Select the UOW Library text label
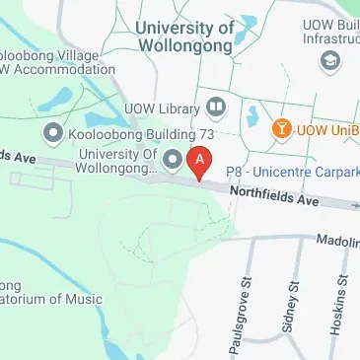(x=164, y=108)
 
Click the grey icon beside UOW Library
(x=214, y=108)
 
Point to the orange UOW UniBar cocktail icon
(x=283, y=129)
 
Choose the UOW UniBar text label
(x=327, y=130)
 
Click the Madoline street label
(x=336, y=240)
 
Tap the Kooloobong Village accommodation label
(x=54, y=59)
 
